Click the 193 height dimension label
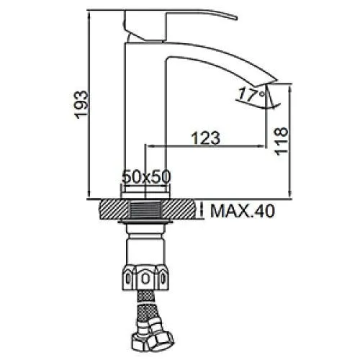[81, 104]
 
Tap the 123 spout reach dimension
[205, 138]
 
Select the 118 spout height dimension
[281, 142]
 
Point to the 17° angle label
[251, 94]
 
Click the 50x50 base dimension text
[146, 176]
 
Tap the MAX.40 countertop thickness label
[242, 211]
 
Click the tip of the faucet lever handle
[236, 18]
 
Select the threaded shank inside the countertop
[145, 210]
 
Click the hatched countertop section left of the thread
[114, 210]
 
